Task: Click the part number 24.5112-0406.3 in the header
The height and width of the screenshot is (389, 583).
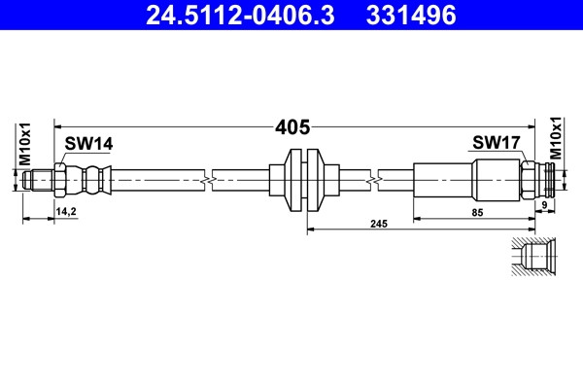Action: click(240, 16)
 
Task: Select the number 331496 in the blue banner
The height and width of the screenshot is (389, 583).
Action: click(411, 16)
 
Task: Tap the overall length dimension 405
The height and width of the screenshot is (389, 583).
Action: click(292, 127)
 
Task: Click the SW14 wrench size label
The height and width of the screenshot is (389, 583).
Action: click(88, 144)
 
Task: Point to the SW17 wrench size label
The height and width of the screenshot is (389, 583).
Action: click(497, 142)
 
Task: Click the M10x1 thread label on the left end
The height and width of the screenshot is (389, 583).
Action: click(25, 144)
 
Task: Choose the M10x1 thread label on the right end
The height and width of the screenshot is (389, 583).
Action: click(556, 138)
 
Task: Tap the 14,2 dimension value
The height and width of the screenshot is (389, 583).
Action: click(66, 211)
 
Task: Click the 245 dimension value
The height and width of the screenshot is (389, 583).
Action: click(379, 224)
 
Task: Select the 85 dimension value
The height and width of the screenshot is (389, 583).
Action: click(477, 213)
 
